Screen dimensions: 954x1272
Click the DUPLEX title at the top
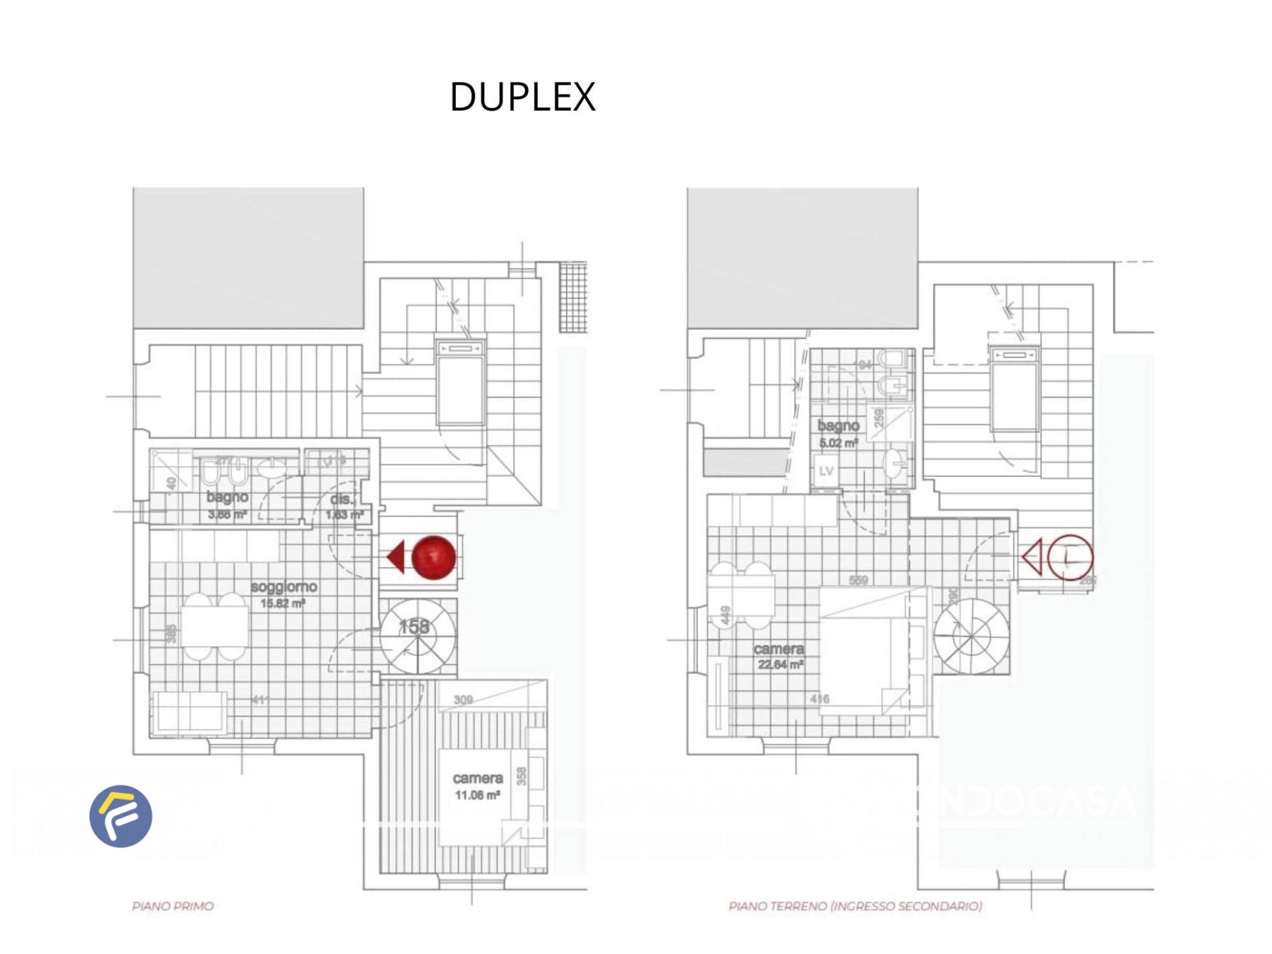(x=523, y=97)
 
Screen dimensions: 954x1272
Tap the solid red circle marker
(x=434, y=557)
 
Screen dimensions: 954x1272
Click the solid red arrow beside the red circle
(x=396, y=556)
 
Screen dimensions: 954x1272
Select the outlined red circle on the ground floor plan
(x=1070, y=557)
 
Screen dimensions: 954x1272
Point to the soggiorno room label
(x=284, y=587)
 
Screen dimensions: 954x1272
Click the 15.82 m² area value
(x=282, y=604)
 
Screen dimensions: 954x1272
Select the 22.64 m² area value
(x=780, y=664)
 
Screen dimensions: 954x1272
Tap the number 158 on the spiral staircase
(x=414, y=627)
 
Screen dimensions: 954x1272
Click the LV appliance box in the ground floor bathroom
(x=826, y=471)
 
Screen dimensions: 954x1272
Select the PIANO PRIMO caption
(x=173, y=906)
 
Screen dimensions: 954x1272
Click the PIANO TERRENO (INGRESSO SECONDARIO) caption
(x=855, y=906)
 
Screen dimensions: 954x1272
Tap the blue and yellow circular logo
(x=121, y=816)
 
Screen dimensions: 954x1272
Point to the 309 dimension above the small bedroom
(x=463, y=700)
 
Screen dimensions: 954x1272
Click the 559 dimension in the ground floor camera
(x=859, y=580)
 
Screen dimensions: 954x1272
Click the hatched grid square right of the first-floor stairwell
(x=573, y=297)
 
